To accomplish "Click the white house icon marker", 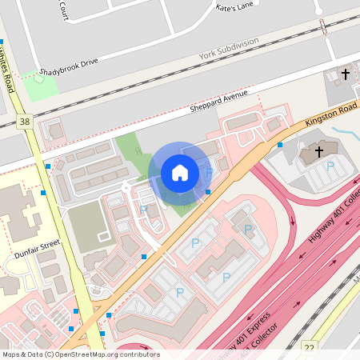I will (179, 172).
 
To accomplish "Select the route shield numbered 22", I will (310, 347).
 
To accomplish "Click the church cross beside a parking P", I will (318, 150).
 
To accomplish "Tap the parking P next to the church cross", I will (330, 166).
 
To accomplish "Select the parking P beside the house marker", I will (209, 171).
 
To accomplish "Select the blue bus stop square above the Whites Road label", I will (2, 41).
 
